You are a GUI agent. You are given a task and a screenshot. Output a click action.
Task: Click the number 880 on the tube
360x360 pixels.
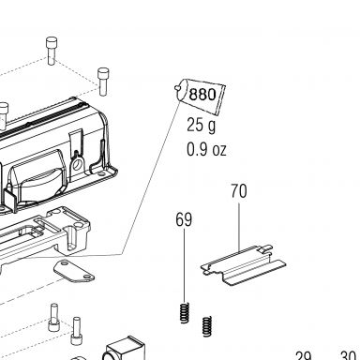pos(202,94)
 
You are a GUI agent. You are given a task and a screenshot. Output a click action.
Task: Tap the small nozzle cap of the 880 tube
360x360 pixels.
pos(177,88)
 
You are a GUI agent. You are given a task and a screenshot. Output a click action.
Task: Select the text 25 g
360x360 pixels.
pos(202,126)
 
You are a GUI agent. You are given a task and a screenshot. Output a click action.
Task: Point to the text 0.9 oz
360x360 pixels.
pos(206,149)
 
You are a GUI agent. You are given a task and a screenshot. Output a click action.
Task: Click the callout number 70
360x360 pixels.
pos(239,191)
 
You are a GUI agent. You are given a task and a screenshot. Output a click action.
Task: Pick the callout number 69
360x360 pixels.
pos(184,219)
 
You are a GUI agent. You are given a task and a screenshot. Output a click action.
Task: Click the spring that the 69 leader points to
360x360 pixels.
pos(185,312)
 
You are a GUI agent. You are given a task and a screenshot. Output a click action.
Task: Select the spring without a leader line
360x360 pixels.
pos(207,326)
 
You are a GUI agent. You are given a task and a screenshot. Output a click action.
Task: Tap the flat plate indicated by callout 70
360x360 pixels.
pos(243,265)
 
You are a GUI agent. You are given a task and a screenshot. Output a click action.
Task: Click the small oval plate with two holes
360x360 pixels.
pos(74,271)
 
